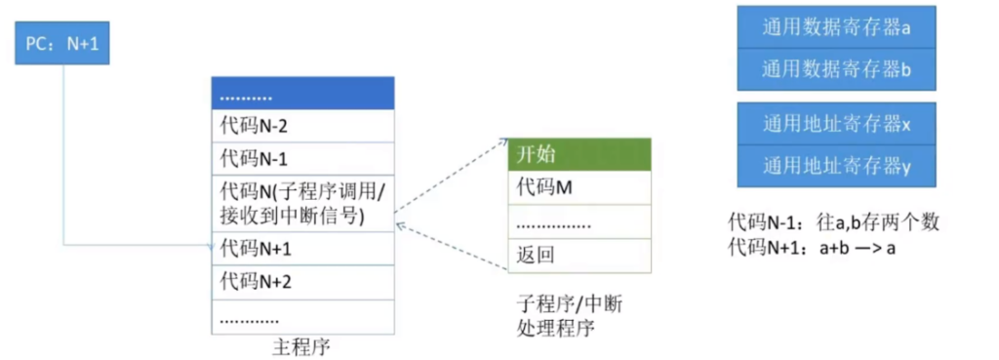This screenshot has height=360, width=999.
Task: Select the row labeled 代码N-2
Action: coord(302,126)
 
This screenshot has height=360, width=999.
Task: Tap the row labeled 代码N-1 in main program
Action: coord(302,158)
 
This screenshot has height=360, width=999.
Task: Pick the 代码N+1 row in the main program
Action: coord(302,249)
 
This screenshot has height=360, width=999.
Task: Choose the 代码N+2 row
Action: coord(302,282)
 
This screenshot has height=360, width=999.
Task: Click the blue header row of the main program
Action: coord(302,94)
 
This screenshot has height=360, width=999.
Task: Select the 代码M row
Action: coord(579,188)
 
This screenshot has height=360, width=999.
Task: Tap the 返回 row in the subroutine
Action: coord(579,256)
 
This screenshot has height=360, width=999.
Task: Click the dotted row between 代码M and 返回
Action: coord(579,222)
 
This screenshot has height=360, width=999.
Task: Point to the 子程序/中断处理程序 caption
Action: coord(567,316)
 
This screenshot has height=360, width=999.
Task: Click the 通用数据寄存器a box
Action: coord(836,27)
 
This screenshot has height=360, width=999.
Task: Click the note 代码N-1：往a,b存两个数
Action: coord(833,221)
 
